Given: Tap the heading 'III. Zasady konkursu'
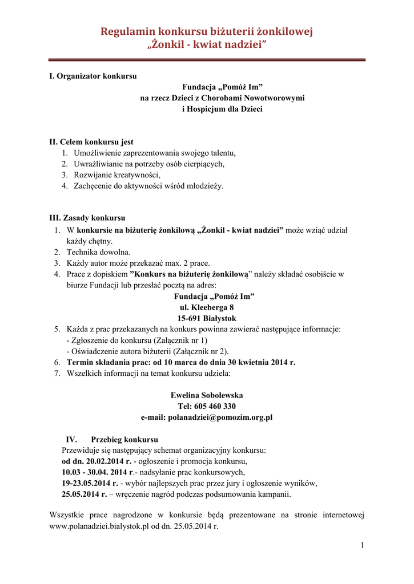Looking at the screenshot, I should tap(87, 218).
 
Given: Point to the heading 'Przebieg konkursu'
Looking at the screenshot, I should tap(124, 439).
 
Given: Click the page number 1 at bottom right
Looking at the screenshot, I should tap(362, 546).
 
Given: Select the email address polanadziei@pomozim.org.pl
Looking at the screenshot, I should tap(220, 417).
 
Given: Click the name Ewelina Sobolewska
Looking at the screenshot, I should tap(207, 395).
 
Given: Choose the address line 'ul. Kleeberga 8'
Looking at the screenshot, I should tap(207, 307).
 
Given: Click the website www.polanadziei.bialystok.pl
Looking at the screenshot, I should tap(101, 526).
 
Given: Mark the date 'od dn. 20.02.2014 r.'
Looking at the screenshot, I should tap(97, 461).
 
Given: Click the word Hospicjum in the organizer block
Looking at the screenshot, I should tap(207, 109).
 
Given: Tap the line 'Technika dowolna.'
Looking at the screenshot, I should tap(98, 252).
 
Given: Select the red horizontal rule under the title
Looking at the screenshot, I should tap(207, 59).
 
